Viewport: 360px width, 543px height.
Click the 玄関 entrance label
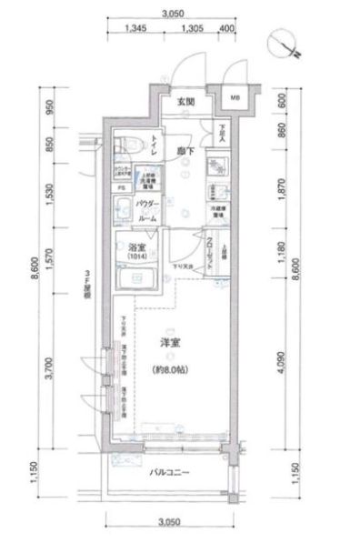(185, 102)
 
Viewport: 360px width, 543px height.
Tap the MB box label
(235, 98)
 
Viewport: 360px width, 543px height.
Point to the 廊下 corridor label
(185, 150)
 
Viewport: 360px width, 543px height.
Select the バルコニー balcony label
(170, 472)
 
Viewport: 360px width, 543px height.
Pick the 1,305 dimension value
(191, 29)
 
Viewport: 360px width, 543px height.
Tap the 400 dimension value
(226, 29)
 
